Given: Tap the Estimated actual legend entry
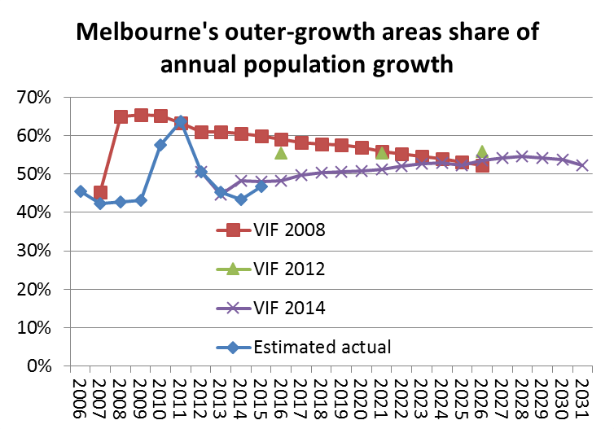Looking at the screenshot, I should pyautogui.click(x=322, y=347).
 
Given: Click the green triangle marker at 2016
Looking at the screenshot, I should pyautogui.click(x=281, y=152).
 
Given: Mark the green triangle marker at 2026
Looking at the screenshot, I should pyautogui.click(x=482, y=152).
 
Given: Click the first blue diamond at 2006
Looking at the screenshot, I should pyautogui.click(x=80, y=191).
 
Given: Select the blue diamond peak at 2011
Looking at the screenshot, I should pyautogui.click(x=181, y=122).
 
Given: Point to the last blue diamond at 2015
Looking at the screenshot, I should pyautogui.click(x=261, y=186).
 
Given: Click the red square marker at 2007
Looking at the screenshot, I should pyautogui.click(x=100, y=193).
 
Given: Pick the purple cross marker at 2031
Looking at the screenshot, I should pyautogui.click(x=582, y=165).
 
